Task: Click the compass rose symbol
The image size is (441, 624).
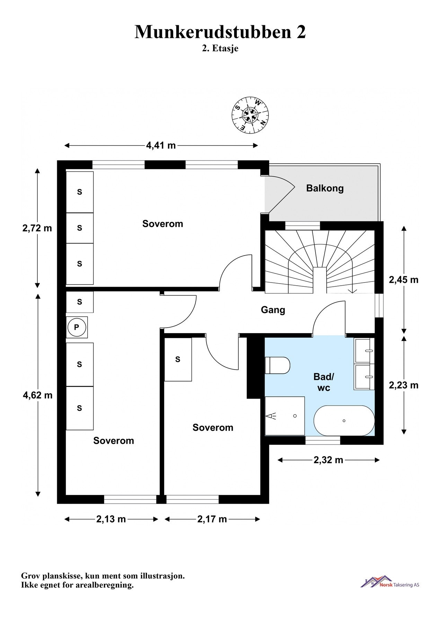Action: [250, 115]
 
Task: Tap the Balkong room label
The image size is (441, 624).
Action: [325, 188]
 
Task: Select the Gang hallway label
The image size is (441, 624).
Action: [273, 310]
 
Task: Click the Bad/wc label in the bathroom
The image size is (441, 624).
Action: [324, 382]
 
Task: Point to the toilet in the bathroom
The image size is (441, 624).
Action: [277, 365]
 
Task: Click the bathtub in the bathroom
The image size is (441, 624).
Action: [344, 421]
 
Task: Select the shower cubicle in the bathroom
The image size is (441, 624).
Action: [284, 416]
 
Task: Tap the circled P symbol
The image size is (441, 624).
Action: [77, 327]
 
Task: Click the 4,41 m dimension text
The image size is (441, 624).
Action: [161, 146]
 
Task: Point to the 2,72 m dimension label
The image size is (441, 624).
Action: [37, 228]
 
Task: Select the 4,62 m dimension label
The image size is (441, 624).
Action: [37, 395]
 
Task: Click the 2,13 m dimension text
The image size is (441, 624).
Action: [111, 519]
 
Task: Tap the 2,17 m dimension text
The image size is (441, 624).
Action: [212, 519]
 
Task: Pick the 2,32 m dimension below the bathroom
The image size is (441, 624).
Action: [328, 460]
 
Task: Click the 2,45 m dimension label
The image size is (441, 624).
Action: [403, 280]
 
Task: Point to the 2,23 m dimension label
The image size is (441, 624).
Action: [403, 385]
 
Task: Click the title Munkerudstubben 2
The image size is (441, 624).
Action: [220, 32]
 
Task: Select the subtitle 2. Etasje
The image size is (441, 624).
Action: [220, 49]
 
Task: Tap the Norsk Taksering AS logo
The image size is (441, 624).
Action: [390, 582]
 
